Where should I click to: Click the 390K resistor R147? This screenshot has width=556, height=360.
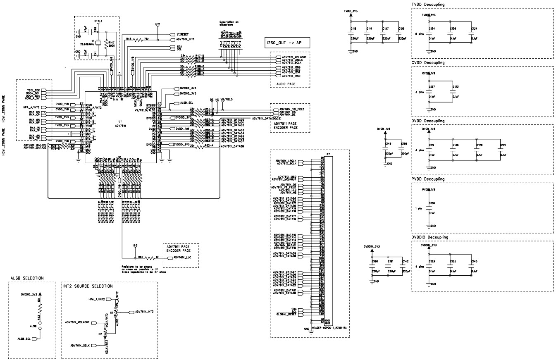[x=107, y=43]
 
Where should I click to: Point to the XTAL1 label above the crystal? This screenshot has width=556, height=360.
[x=98, y=20]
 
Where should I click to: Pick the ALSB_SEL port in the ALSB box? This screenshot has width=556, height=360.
[x=24, y=339]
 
